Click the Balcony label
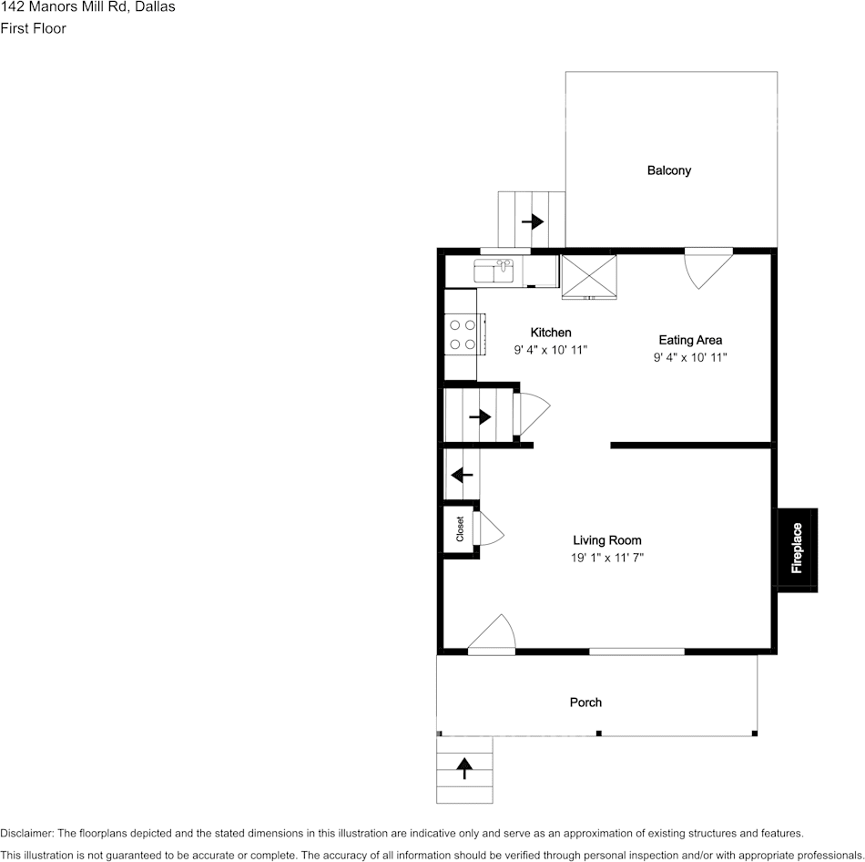click(669, 170)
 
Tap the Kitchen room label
click(551, 333)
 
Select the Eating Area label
click(690, 340)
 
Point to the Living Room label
click(606, 540)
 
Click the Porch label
click(585, 702)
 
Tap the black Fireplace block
click(797, 549)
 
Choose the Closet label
click(460, 528)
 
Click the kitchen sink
click(494, 271)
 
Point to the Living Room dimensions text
click(606, 558)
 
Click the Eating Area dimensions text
click(690, 357)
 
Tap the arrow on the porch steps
click(464, 768)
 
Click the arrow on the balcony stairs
click(533, 221)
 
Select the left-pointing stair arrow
click(463, 475)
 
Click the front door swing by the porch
click(493, 634)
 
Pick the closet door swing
click(489, 528)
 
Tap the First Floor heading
click(34, 28)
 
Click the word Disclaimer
click(26, 833)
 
